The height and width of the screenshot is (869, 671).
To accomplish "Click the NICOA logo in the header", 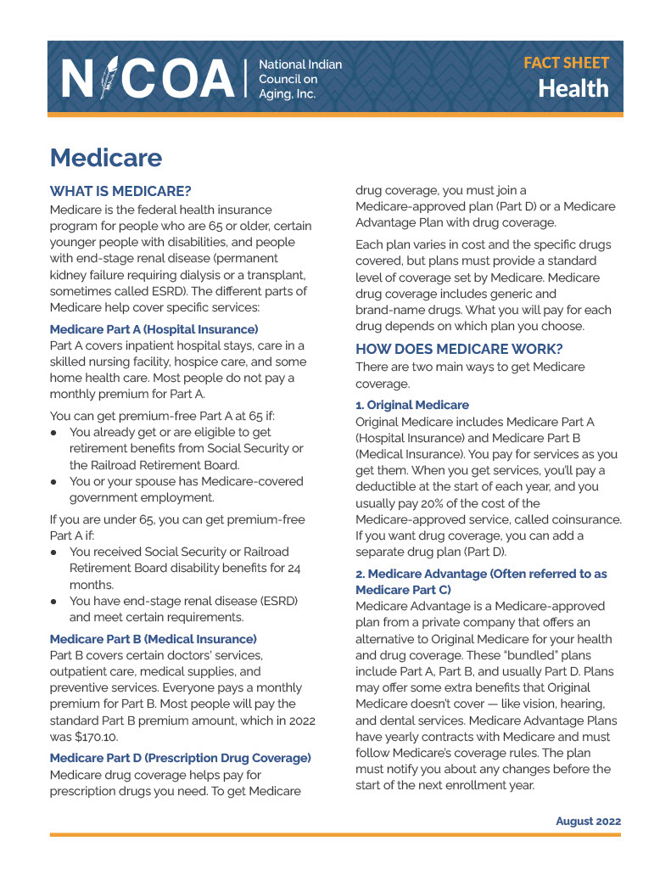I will [x=148, y=78].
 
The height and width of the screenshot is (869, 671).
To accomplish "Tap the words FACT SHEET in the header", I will [x=566, y=63].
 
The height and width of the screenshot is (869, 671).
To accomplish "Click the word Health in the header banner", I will [x=573, y=88].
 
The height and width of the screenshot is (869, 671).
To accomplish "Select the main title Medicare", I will [x=106, y=157].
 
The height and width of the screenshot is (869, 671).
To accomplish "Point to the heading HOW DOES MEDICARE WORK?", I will [x=459, y=348].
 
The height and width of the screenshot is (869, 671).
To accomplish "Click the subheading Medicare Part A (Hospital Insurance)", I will [x=154, y=328].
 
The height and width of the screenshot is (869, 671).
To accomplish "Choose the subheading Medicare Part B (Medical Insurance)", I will [x=154, y=638].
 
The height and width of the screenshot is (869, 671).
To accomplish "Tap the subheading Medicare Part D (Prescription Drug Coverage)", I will [x=181, y=757].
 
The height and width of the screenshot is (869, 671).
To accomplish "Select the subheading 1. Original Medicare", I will [x=412, y=405].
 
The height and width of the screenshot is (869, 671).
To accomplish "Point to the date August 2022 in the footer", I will [x=588, y=821].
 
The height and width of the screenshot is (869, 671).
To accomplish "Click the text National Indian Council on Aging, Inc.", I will [x=300, y=79].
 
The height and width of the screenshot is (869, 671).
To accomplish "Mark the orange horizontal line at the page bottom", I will [x=335, y=835].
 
